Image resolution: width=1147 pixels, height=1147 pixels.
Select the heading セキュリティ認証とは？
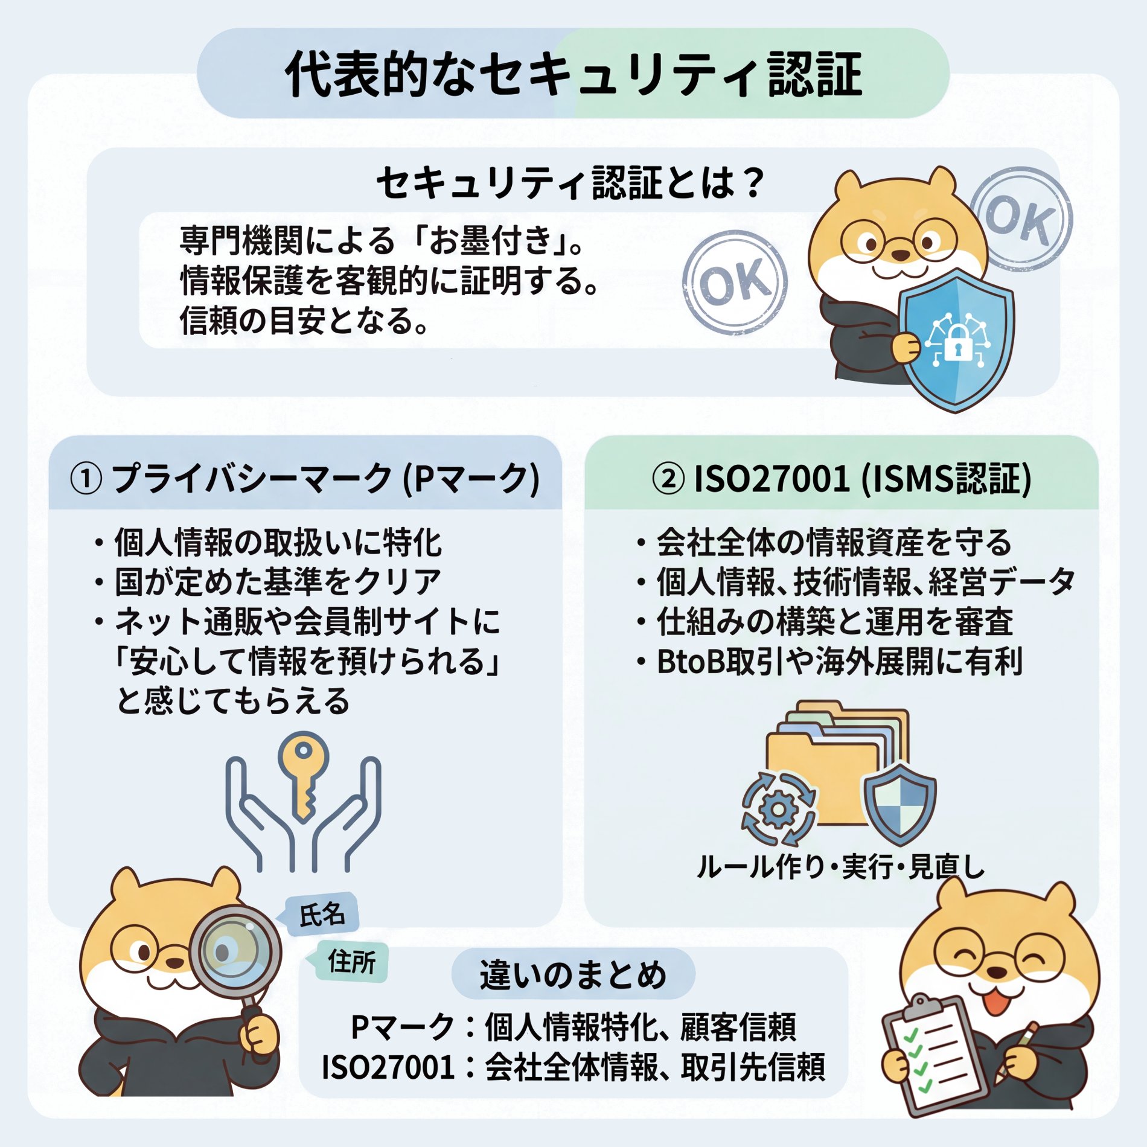[571, 183]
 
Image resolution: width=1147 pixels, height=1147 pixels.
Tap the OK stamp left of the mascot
[735, 283]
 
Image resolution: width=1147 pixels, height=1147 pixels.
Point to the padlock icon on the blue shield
[958, 343]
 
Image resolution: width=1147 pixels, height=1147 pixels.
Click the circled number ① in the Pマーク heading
[86, 479]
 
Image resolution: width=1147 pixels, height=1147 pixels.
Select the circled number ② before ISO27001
[668, 479]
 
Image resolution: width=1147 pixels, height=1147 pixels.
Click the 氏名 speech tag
[321, 914]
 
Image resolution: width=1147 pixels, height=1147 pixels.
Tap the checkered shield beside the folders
[900, 804]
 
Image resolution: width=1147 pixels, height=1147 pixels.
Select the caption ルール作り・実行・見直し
[841, 867]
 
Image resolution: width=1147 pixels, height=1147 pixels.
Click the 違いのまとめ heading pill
[573, 974]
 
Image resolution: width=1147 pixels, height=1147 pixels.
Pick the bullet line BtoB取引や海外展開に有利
[830, 662]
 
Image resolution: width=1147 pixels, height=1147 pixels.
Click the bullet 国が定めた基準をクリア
[269, 582]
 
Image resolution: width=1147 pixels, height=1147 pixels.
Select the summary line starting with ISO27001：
[573, 1067]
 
